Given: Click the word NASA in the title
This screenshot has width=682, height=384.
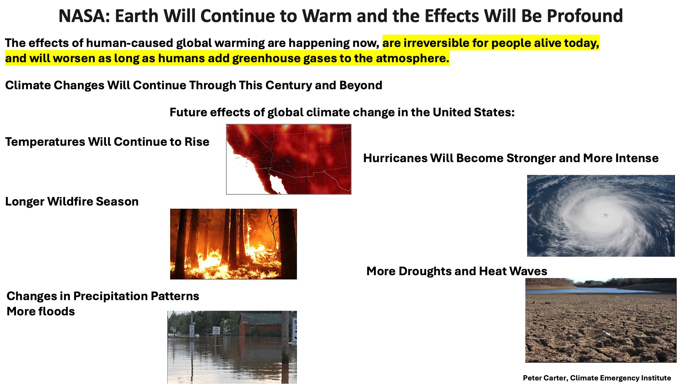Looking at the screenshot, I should pyautogui.click(x=83, y=16).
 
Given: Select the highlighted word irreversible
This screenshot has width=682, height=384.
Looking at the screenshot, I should pyautogui.click(x=436, y=43).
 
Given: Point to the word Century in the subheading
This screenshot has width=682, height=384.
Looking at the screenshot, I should pyautogui.click(x=288, y=85).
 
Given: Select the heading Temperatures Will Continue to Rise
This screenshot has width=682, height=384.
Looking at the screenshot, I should pyautogui.click(x=107, y=142).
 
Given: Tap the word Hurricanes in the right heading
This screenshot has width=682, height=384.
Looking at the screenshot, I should pyautogui.click(x=395, y=158).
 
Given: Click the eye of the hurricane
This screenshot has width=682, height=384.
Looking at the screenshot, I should pyautogui.click(x=605, y=215).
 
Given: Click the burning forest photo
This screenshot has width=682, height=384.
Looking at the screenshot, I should pyautogui.click(x=233, y=244).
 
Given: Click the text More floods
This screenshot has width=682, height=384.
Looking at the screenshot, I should pyautogui.click(x=40, y=311).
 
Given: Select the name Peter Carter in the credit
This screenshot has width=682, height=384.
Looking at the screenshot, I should pyautogui.click(x=544, y=378).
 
